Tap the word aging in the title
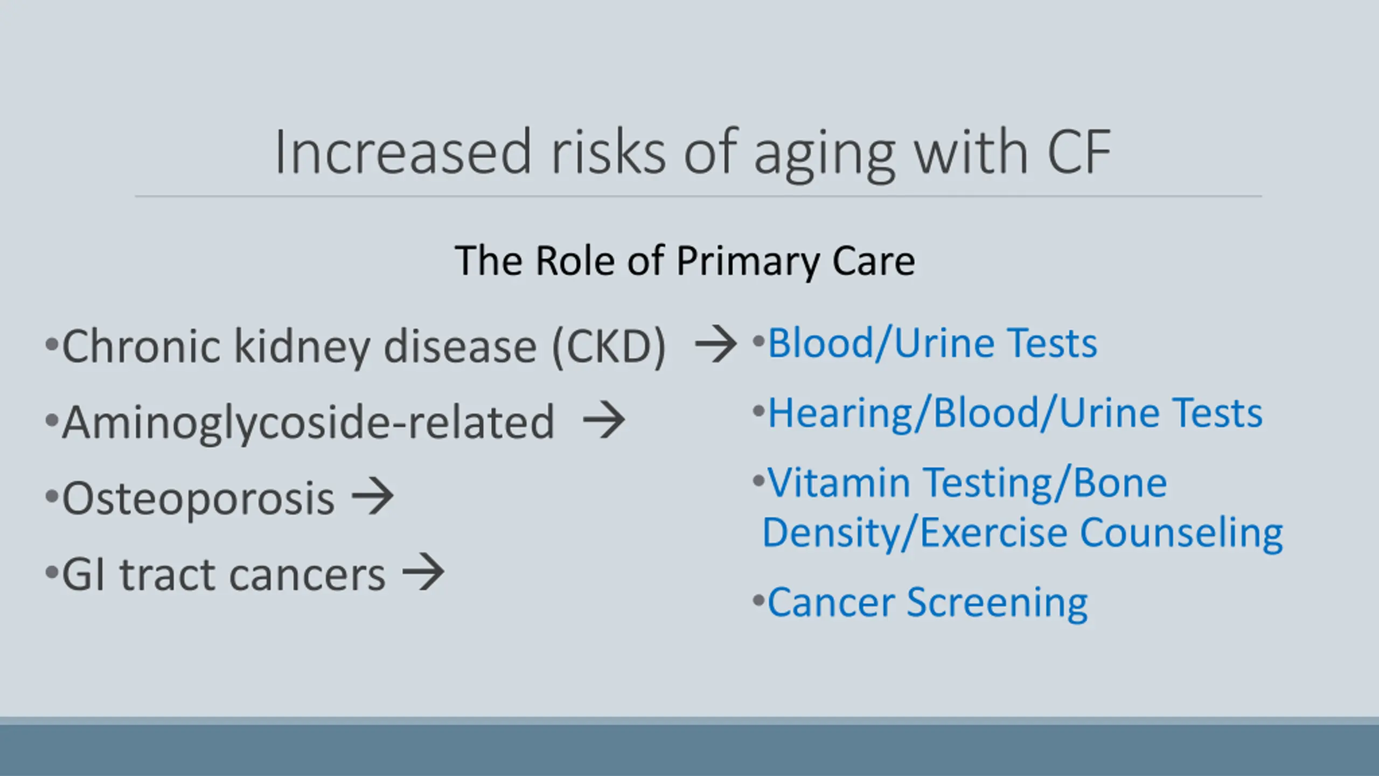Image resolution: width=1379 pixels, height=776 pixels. coord(825,157)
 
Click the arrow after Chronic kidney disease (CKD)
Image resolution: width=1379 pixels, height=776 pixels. coord(716,343)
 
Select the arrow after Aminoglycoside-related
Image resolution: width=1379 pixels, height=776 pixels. coord(604,419)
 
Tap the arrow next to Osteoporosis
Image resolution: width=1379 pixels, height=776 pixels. coord(372,496)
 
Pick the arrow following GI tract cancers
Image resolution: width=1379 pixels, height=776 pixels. coord(423,572)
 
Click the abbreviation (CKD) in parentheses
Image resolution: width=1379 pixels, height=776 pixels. coord(609,347)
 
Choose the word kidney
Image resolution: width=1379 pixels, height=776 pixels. coord(302,347)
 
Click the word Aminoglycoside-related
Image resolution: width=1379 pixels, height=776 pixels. coord(308,424)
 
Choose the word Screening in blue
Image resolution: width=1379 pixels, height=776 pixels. coord(997,604)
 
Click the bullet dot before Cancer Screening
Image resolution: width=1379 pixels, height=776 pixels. coord(759,600)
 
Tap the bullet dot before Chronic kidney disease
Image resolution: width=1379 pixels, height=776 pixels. coord(52,343)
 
